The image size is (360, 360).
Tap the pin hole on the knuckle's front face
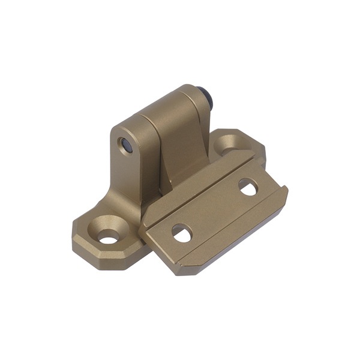[x=126, y=145]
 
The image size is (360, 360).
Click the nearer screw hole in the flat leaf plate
[x=181, y=233]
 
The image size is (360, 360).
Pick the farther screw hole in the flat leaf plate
[x=248, y=187]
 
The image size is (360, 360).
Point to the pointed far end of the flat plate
[x=284, y=191]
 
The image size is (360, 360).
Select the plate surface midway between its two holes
[x=215, y=210]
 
